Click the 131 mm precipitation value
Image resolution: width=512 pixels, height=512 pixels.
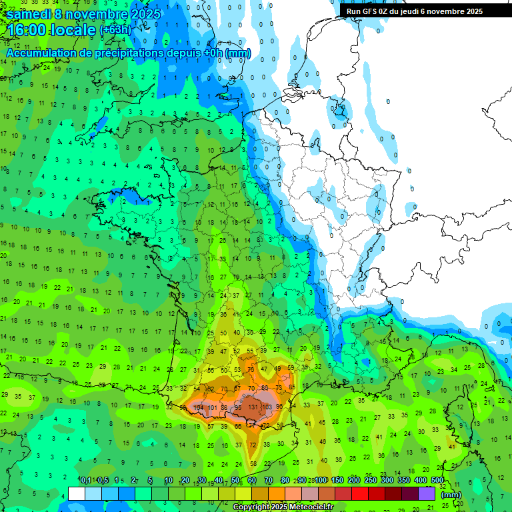tap(253, 407)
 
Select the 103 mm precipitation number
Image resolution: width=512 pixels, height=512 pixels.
tap(267, 407)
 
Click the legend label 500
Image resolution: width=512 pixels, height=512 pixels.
tap(437, 481)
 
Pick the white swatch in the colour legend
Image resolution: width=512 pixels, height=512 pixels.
tap(77, 493)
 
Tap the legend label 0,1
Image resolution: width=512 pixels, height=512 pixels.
tap(86, 481)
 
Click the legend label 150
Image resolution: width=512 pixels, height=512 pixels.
tap(337, 481)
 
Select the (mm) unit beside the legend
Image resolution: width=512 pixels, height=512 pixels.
tap(451, 495)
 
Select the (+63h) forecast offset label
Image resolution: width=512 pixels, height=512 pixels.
tap(115, 31)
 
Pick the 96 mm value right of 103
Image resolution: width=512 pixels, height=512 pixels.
tap(279, 407)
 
